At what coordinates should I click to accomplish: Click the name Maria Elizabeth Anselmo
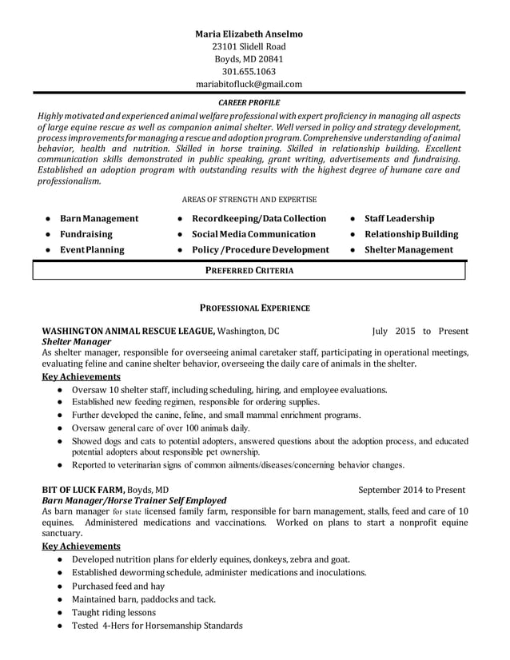click(x=249, y=34)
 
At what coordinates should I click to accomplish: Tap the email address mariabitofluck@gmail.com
click(x=249, y=84)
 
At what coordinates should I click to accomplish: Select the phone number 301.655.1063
click(x=249, y=71)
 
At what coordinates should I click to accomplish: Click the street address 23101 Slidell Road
click(x=249, y=46)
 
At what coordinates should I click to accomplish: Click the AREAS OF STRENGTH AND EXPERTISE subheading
click(x=249, y=199)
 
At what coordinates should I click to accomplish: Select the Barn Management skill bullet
click(x=99, y=218)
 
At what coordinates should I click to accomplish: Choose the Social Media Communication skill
click(x=253, y=234)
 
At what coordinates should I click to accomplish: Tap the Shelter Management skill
click(x=408, y=249)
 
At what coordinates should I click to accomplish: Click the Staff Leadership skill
click(x=399, y=218)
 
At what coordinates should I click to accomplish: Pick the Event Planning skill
click(x=92, y=249)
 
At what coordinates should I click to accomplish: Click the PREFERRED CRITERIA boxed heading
click(x=249, y=271)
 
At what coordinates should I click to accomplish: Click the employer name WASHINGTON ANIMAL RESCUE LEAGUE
click(x=128, y=330)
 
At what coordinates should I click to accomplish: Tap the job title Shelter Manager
click(x=76, y=341)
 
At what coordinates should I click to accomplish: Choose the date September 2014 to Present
click(x=411, y=490)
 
